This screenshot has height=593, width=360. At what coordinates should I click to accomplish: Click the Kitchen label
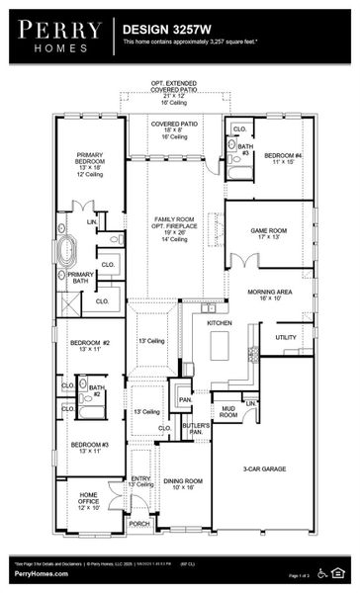(219, 323)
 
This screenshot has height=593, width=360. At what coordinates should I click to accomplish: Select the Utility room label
(286, 338)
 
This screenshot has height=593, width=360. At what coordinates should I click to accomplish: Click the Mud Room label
(228, 411)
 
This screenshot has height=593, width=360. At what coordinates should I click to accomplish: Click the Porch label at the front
(139, 524)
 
